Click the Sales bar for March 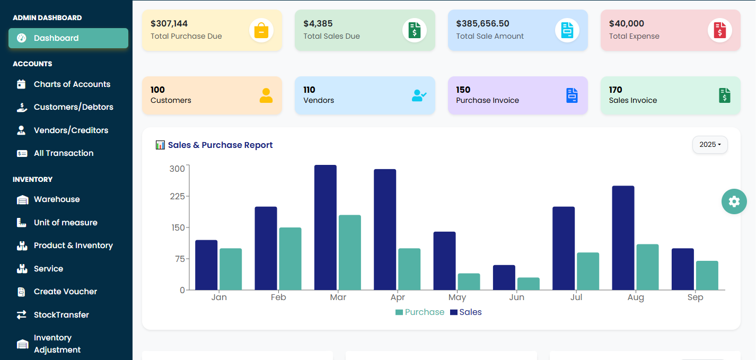coord(325,227)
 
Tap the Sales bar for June coord(504,277)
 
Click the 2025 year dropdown coord(709,145)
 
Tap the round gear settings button coord(734,201)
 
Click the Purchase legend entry coord(419,312)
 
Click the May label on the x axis coord(457,297)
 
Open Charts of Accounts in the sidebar coord(72,84)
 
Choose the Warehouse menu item coord(57,199)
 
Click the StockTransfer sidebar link coord(61,315)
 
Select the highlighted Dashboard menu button coord(68,38)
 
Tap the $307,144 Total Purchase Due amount coord(169,23)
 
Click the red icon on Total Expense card coord(719,30)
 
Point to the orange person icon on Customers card coord(266,95)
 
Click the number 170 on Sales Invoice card coord(616,90)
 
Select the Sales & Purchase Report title coord(220,145)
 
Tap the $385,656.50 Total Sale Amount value coord(482,23)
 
